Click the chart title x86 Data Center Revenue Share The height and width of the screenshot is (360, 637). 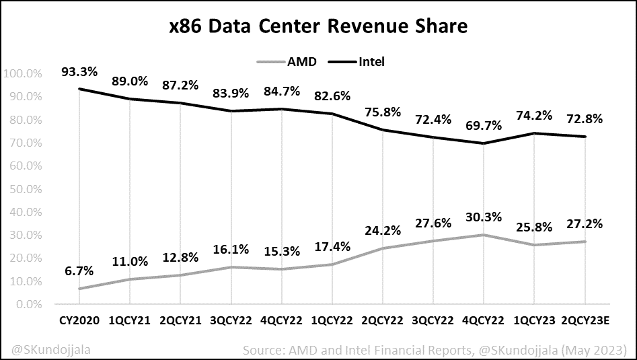click(318, 27)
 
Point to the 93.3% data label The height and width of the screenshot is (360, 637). click(79, 71)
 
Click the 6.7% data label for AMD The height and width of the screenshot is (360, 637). click(79, 270)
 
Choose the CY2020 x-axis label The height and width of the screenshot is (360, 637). click(79, 321)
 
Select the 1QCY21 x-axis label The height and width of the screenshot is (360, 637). click(130, 321)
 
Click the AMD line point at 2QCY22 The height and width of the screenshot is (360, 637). click(383, 248)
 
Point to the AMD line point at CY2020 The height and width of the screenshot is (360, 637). click(79, 289)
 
